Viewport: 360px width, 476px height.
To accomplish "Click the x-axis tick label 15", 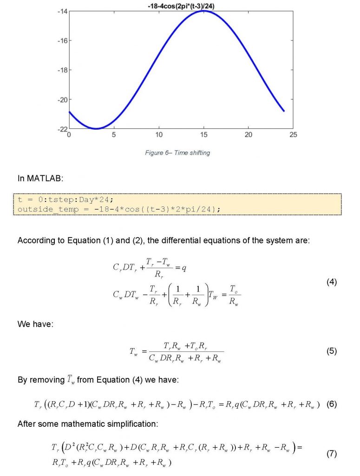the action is coord(203,135).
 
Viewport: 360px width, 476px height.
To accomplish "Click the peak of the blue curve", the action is coord(203,10).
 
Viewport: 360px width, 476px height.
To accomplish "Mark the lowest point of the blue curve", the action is coord(96,129).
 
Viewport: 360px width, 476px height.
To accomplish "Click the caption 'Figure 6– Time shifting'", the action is coord(177,153).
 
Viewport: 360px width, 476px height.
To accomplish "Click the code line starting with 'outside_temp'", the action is coord(118,209).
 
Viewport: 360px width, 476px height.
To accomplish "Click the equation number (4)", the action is coord(331,282).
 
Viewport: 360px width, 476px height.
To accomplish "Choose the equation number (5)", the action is coord(331,351).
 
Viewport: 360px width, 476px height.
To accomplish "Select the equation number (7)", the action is coord(331,454).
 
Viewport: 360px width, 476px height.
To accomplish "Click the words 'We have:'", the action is coord(35,324).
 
